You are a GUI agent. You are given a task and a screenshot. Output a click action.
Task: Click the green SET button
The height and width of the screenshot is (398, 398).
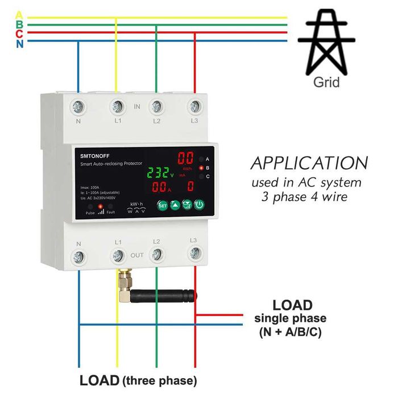click(x=162, y=205)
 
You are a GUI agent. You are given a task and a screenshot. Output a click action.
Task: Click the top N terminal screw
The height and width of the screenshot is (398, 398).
click(x=78, y=106)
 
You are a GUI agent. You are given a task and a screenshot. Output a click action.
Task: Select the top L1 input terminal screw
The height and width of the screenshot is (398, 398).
click(x=117, y=106)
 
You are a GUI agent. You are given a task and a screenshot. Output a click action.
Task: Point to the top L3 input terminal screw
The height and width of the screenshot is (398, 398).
click(x=194, y=106)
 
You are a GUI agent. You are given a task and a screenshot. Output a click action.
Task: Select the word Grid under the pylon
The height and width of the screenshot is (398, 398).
click(x=326, y=83)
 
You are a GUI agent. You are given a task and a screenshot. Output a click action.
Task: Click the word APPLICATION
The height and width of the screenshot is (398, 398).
click(x=309, y=164)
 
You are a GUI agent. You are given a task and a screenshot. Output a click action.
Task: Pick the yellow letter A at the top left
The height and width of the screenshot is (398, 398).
click(x=20, y=15)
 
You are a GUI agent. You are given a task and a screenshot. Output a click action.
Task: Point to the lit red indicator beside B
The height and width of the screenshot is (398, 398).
click(x=201, y=168)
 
